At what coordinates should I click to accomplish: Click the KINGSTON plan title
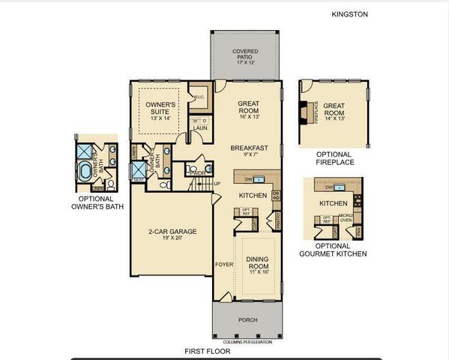click(350, 13)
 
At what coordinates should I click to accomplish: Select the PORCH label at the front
click(247, 320)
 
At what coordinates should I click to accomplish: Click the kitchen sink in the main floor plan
click(257, 180)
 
